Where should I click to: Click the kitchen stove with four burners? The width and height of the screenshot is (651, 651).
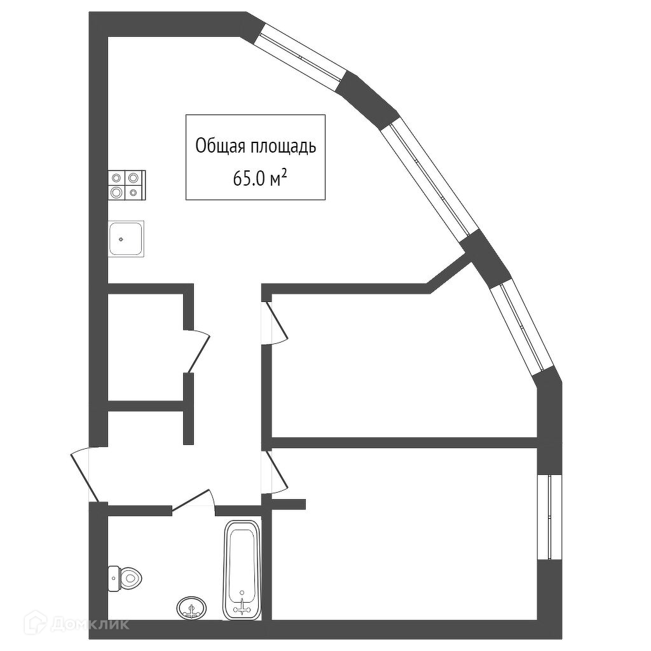point(127,184)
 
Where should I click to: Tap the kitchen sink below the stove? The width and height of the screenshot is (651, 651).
point(127,238)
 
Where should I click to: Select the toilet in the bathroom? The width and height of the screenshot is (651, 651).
point(125,578)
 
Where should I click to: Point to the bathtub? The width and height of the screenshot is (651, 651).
point(242,571)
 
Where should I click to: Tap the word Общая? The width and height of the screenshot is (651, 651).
point(217,147)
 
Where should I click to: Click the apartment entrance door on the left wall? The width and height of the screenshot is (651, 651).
point(86,474)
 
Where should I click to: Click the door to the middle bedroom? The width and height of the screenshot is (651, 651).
point(277,323)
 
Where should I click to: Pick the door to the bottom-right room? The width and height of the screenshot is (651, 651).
point(278,470)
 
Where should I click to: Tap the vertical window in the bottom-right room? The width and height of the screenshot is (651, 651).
point(549,517)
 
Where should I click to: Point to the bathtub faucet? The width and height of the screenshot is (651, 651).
point(242,605)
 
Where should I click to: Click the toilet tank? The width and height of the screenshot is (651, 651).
point(113,578)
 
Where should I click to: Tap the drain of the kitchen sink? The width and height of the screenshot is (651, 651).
point(121,240)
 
